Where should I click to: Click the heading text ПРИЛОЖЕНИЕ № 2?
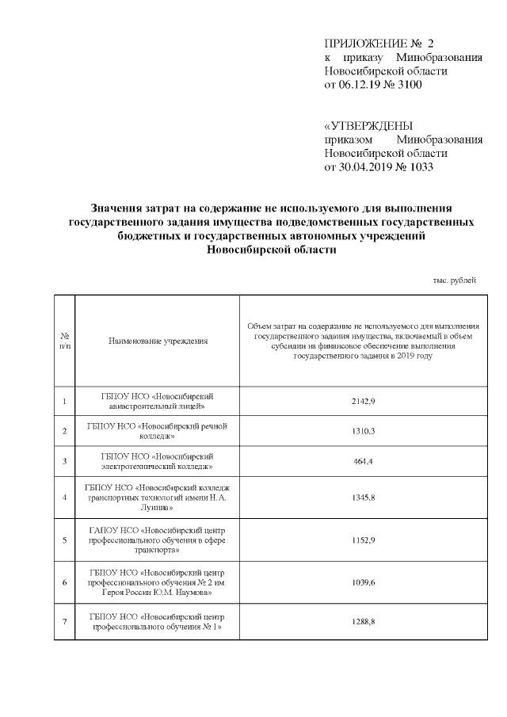(379, 43)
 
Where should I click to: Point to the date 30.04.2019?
(367, 167)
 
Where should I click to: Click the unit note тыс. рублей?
(455, 281)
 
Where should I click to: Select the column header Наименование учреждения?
(158, 341)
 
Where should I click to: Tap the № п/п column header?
(64, 341)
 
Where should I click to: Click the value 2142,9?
(363, 402)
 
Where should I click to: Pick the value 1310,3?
(363, 431)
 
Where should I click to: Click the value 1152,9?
(363, 540)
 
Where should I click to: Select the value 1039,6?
(363, 582)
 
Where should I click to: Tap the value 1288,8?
(363, 621)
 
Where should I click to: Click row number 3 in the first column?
(64, 461)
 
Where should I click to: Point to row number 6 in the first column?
(64, 582)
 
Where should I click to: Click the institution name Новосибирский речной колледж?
(158, 431)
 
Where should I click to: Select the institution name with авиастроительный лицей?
(158, 402)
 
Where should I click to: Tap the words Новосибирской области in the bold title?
(270, 250)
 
